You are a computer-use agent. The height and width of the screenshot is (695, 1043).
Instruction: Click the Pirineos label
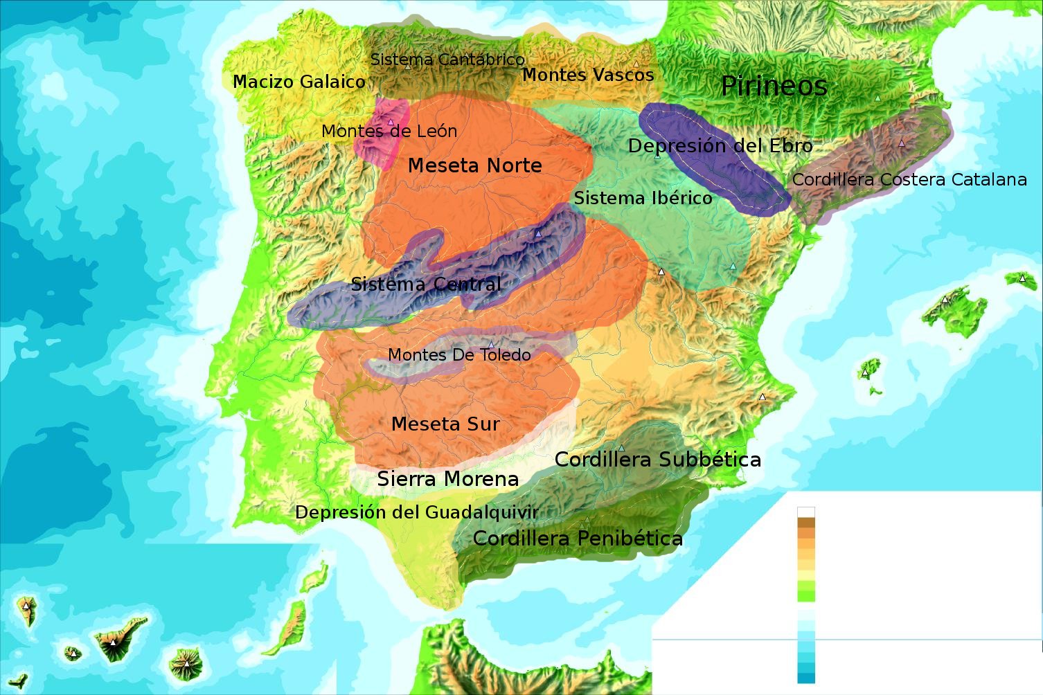(x=774, y=87)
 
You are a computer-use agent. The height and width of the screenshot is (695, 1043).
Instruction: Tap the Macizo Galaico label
(x=298, y=82)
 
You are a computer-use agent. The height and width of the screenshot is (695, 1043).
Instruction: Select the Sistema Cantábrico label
(x=447, y=60)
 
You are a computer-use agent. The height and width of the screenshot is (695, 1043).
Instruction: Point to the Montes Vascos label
(x=587, y=75)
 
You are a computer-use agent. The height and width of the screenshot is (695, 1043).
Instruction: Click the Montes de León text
(x=389, y=131)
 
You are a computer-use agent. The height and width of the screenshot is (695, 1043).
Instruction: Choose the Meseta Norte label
(x=474, y=165)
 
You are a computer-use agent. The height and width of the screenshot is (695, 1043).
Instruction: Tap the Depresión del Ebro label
(x=720, y=146)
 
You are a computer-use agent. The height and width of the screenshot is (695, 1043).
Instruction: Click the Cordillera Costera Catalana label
(x=909, y=180)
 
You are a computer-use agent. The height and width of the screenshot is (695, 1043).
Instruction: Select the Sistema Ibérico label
(x=643, y=198)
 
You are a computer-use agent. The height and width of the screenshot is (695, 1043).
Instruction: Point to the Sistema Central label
(x=426, y=284)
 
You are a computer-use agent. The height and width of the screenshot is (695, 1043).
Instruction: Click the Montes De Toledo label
(x=459, y=355)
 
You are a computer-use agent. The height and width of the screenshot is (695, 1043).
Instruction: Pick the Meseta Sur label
(x=445, y=424)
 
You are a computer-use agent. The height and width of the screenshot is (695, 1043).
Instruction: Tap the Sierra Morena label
(x=447, y=479)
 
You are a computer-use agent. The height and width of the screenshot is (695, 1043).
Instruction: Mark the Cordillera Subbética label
(x=657, y=460)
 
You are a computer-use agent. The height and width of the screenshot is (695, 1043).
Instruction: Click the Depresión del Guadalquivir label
(x=416, y=513)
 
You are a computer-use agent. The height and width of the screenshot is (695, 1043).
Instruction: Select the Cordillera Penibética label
(x=578, y=539)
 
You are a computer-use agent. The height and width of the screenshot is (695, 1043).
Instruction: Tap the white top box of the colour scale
(x=806, y=512)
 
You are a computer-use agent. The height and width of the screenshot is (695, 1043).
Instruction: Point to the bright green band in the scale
(x=806, y=590)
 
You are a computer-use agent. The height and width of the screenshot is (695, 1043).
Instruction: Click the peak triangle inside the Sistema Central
(x=537, y=234)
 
